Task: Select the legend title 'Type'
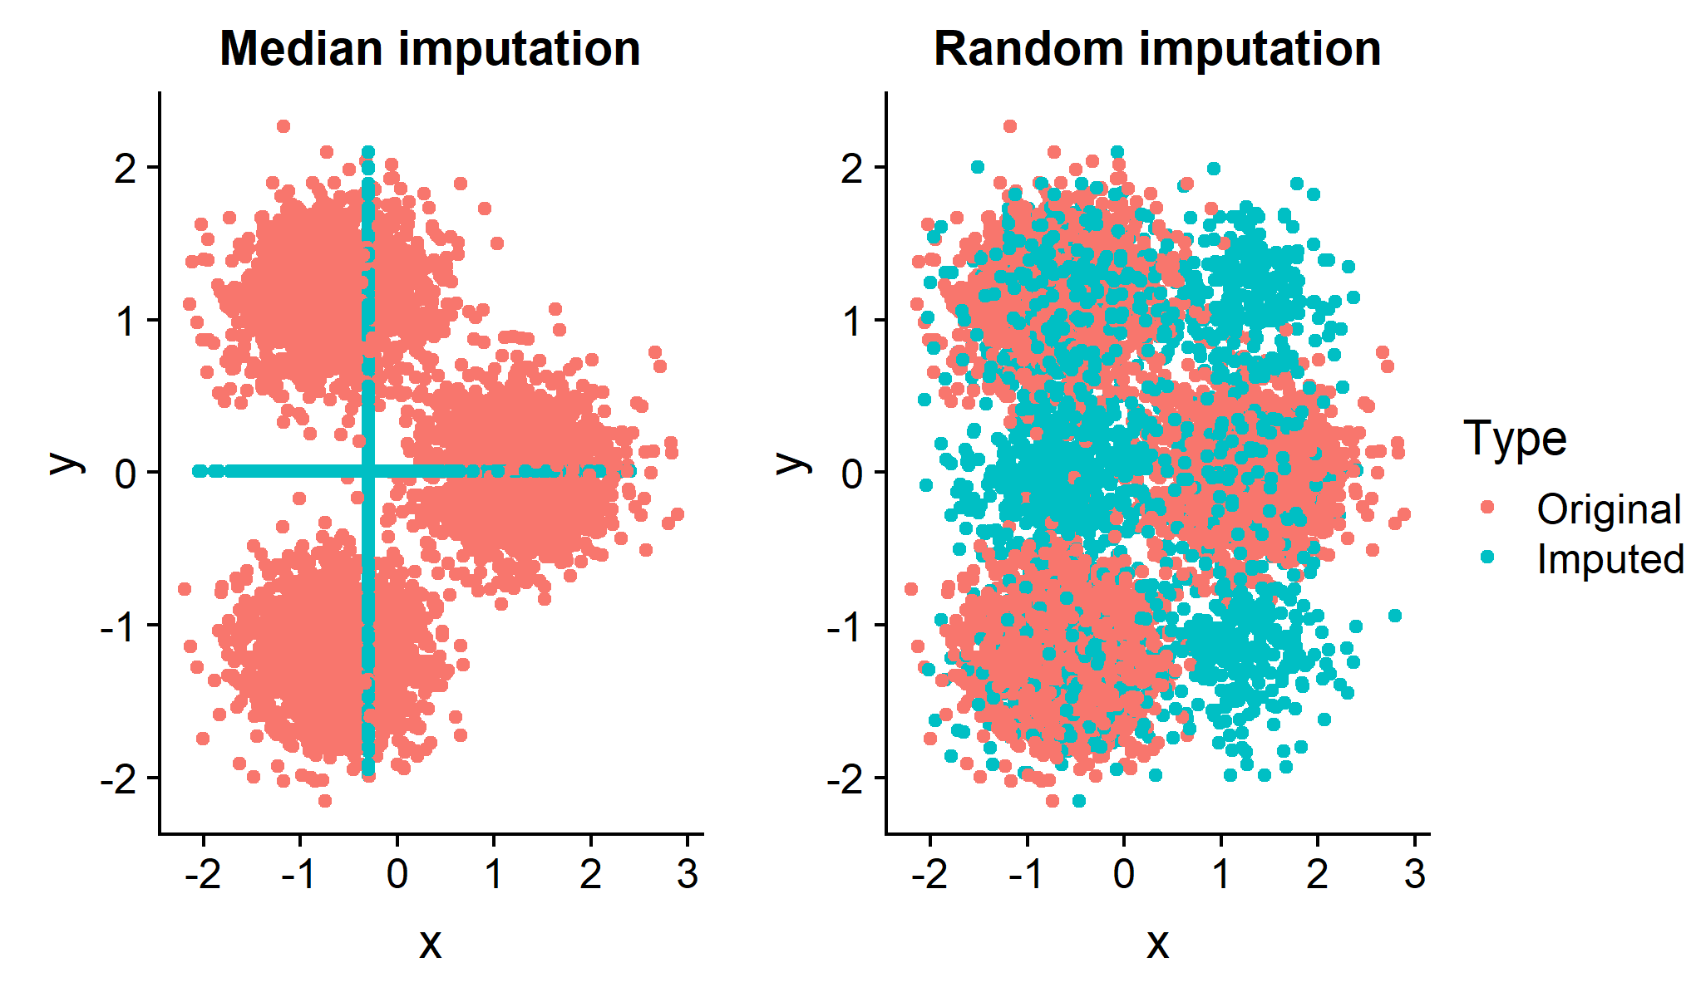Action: (x=1515, y=438)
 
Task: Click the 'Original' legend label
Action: (x=1609, y=508)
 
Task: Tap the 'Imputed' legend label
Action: (x=1610, y=558)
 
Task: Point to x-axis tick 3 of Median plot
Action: (x=688, y=873)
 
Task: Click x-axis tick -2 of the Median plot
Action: (x=203, y=873)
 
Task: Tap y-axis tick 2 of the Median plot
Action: (x=126, y=169)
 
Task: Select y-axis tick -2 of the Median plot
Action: (x=119, y=779)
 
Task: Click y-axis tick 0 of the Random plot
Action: (x=853, y=474)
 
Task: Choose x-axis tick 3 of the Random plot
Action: (x=1414, y=873)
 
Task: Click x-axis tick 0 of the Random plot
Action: (x=1124, y=873)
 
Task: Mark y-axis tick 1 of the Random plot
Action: (x=853, y=322)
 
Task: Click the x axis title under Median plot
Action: (x=430, y=943)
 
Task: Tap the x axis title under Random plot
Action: (x=1157, y=943)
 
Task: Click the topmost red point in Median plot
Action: (x=283, y=126)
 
